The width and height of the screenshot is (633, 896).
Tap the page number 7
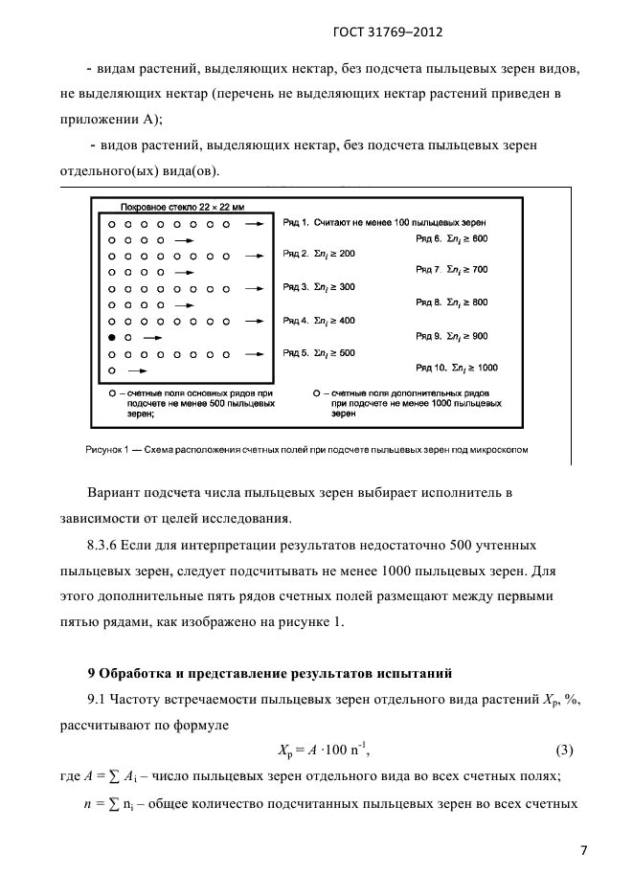pos(583,849)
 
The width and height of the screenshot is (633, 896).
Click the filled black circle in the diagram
pos(112,338)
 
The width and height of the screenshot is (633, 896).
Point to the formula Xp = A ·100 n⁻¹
pos(316,749)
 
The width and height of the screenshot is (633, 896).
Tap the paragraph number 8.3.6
pos(109,545)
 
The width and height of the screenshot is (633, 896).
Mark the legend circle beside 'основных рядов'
pos(112,392)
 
